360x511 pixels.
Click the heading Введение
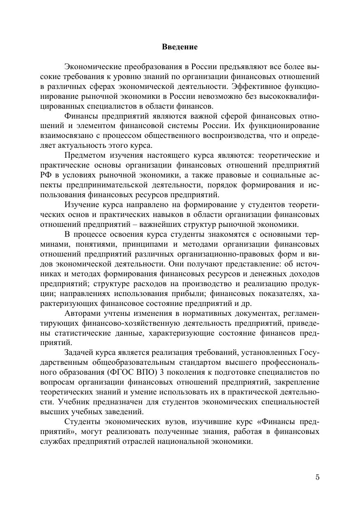tap(180, 47)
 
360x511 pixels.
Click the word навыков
tap(174, 215)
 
